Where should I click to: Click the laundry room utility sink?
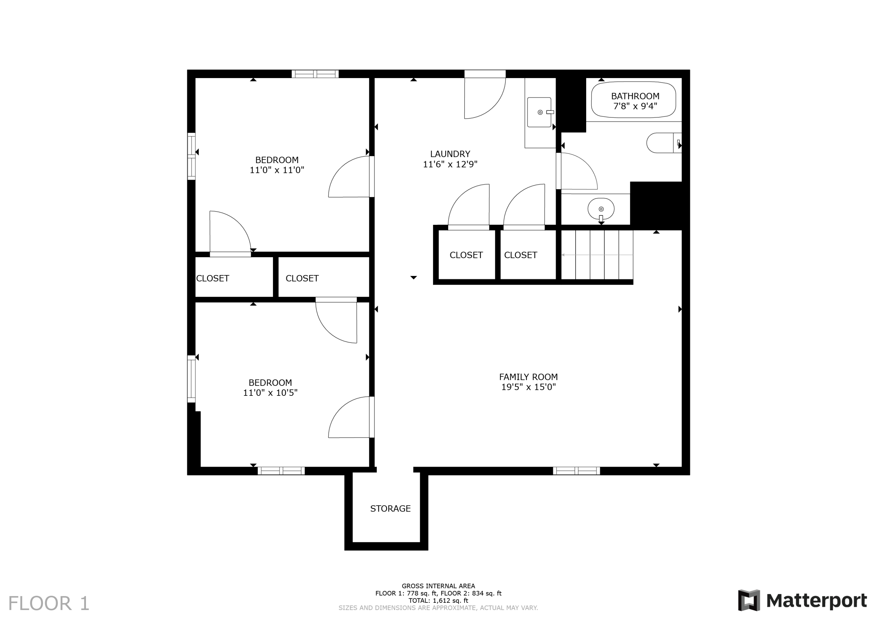pos(539,112)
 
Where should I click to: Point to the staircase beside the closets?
pos(597,255)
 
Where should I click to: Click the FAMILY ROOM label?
pos(528,377)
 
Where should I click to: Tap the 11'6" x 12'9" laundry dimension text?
pos(450,164)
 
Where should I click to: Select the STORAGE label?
pos(390,508)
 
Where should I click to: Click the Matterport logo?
pos(802,600)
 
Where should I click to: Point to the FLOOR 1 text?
pos(49,604)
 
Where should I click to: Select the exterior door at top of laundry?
pos(484,96)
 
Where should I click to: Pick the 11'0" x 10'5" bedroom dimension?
pos(270,393)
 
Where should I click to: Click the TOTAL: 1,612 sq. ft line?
pos(438,600)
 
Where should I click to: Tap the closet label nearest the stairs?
pos(520,255)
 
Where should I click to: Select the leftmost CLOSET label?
pos(212,279)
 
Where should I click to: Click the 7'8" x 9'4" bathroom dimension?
pos(635,106)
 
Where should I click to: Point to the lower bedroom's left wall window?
pos(191,379)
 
